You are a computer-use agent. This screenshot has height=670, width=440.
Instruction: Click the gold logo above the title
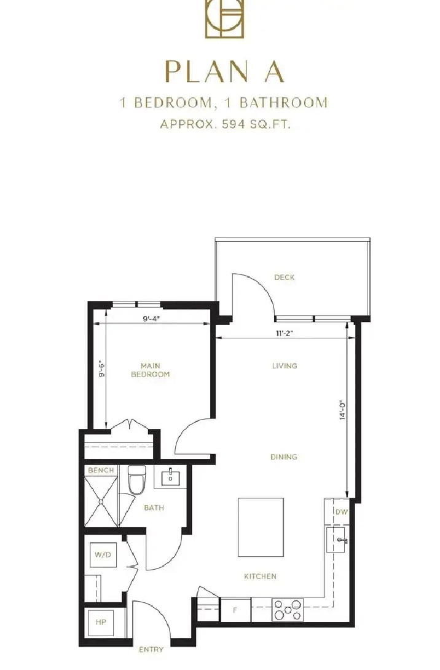224,19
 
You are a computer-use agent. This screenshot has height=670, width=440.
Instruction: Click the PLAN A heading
224,71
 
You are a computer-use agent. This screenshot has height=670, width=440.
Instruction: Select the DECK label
285,277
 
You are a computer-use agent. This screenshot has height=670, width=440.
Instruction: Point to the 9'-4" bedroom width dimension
151,319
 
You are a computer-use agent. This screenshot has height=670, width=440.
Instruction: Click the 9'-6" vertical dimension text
101,370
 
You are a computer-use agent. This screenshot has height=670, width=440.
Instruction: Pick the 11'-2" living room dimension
285,333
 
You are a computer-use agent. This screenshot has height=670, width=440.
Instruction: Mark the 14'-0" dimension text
343,410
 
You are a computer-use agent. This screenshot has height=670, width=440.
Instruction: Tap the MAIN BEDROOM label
150,370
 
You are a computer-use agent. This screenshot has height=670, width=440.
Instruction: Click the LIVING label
285,366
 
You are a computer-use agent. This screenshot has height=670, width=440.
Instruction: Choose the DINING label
284,457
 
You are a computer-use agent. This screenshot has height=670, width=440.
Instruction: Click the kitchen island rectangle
261,527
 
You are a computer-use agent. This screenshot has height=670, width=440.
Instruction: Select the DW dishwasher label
342,512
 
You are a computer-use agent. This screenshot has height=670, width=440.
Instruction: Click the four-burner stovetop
288,610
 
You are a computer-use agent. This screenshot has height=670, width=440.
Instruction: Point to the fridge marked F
235,610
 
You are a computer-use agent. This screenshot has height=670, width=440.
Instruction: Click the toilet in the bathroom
136,480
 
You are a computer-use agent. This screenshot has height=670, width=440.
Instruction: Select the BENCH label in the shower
101,471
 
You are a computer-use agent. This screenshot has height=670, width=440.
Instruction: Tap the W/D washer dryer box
103,555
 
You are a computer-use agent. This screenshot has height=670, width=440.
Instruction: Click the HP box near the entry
101,622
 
